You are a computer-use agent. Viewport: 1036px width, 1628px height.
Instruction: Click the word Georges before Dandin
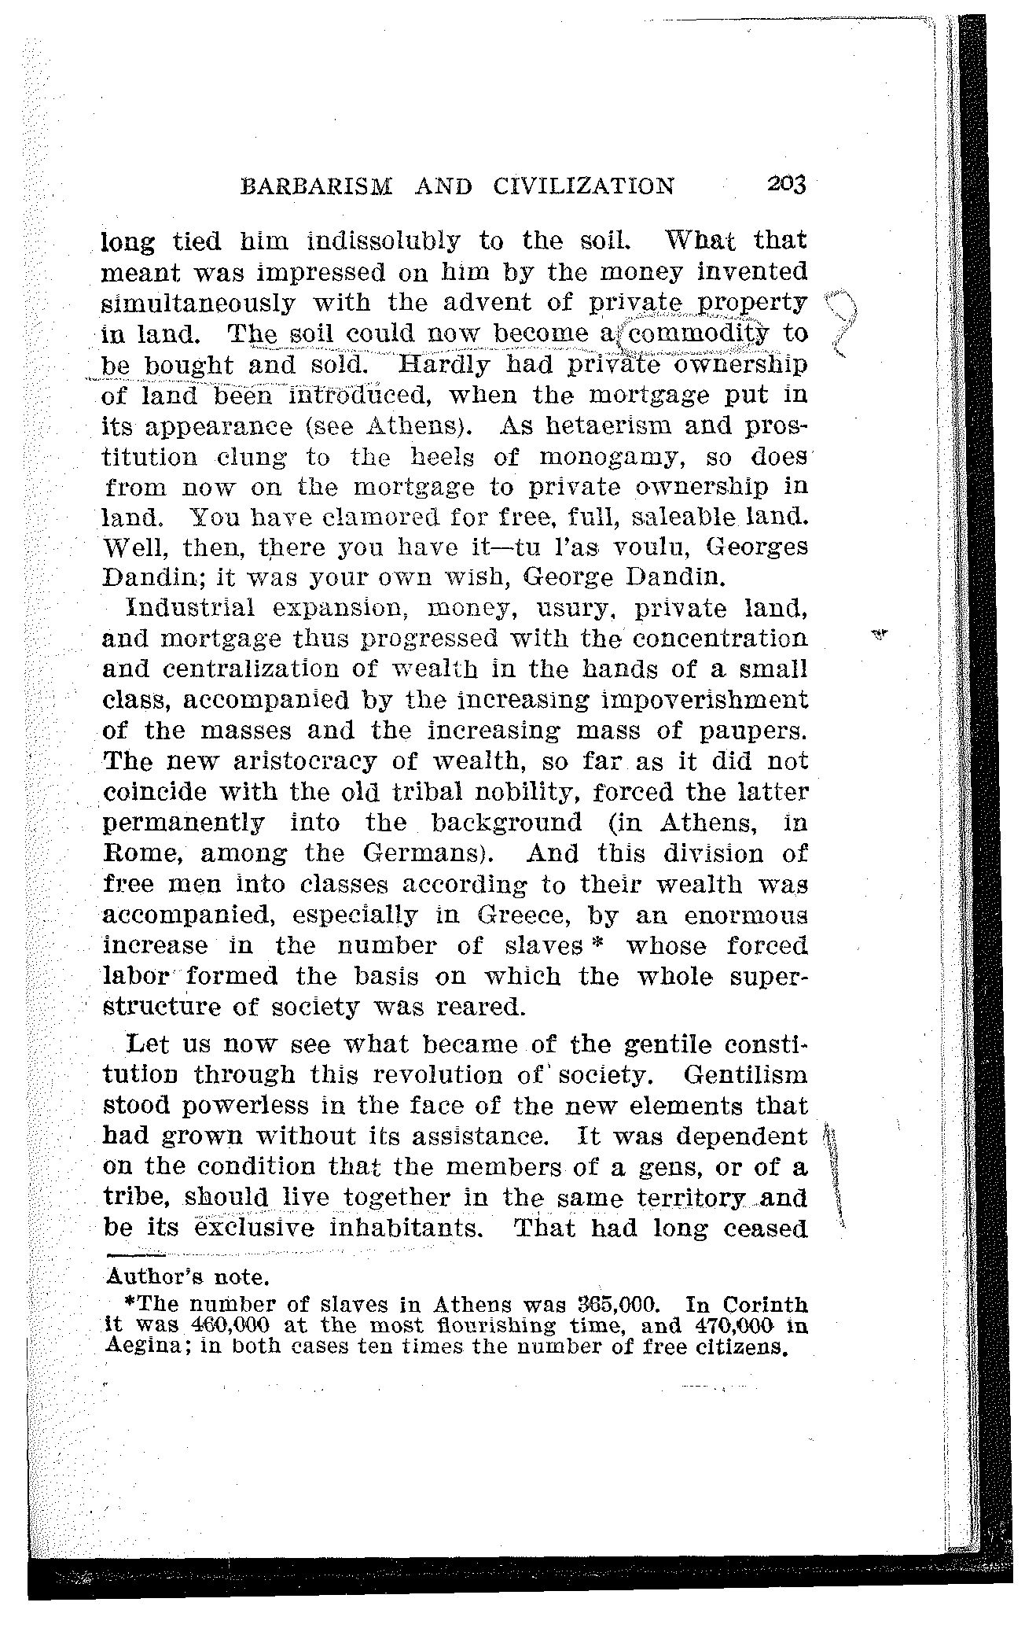[x=757, y=547]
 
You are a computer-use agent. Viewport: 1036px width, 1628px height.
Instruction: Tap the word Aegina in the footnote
[x=143, y=1344]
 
